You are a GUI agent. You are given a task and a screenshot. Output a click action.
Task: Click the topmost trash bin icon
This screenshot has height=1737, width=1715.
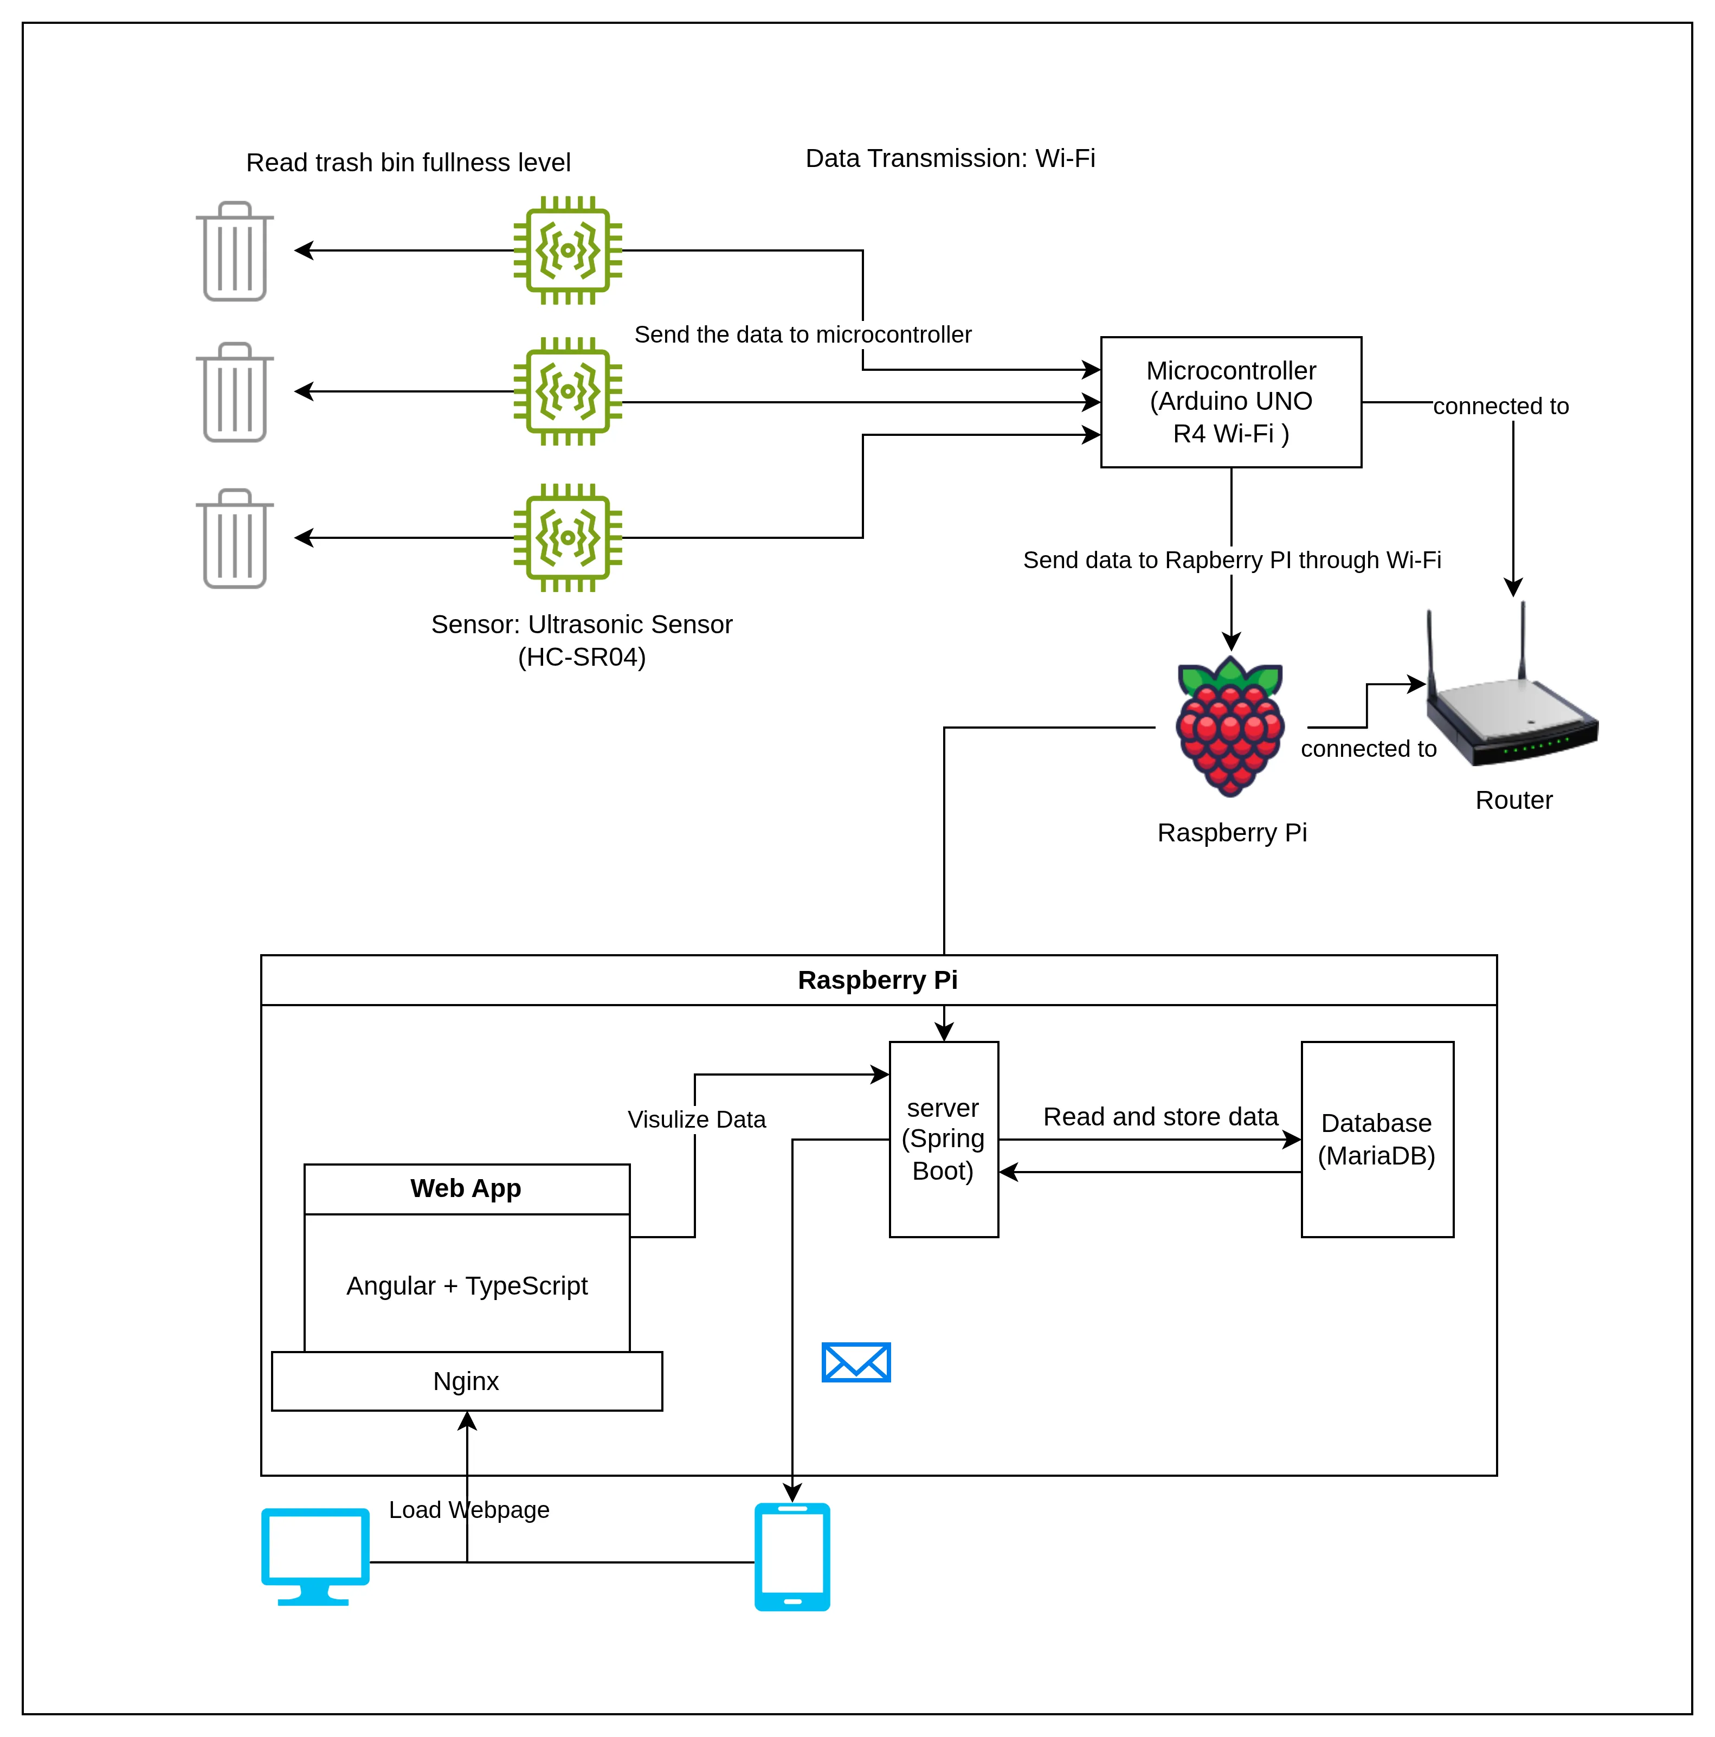coord(235,252)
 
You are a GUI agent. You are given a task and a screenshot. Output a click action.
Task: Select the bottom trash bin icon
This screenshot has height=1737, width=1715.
coord(235,539)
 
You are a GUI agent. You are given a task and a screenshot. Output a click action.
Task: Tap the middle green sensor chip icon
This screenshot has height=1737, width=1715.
coord(567,392)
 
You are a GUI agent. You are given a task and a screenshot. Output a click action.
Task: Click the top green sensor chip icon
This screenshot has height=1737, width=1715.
coord(567,251)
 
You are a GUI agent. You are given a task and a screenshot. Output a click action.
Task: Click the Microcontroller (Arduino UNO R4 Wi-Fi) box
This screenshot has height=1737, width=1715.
coord(1230,402)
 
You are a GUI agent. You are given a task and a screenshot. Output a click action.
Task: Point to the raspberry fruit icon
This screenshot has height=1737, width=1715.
coord(1230,726)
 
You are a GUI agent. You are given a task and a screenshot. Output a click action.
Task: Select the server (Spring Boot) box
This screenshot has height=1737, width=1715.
coord(943,1139)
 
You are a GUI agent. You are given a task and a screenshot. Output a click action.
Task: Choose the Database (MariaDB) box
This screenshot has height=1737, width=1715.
coord(1376,1139)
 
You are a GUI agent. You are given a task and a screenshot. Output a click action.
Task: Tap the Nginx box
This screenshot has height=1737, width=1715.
coord(467,1381)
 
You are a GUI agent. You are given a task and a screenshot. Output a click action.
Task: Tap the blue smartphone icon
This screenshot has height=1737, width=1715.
coord(792,1557)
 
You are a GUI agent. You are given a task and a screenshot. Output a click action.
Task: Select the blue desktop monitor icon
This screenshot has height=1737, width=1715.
coord(314,1555)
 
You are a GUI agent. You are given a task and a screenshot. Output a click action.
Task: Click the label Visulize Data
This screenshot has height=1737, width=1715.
coord(697,1120)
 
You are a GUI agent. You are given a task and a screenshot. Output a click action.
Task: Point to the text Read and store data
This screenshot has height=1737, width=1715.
coord(1159,1117)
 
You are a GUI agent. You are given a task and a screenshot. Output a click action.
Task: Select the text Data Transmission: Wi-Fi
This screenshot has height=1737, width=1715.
coord(950,158)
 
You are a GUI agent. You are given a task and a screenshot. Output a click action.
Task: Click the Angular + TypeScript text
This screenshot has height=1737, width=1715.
coord(467,1285)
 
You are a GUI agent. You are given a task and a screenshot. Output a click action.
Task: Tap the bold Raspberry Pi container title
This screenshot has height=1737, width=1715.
coord(877,980)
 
